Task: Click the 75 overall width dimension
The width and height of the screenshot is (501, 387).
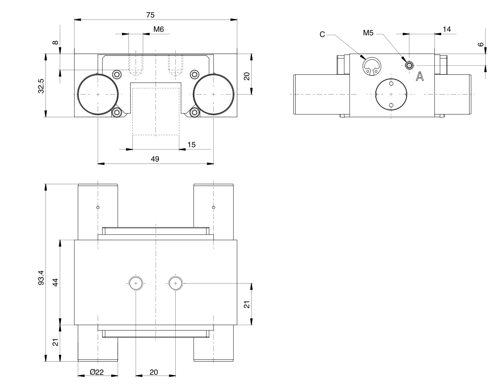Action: (150, 15)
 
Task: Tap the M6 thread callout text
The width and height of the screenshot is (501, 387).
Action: (159, 29)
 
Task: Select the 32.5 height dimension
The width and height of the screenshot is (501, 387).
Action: (41, 86)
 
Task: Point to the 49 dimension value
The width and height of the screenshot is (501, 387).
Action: (155, 159)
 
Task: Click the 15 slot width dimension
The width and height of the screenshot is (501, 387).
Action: (191, 144)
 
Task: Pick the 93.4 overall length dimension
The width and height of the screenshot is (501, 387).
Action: (41, 278)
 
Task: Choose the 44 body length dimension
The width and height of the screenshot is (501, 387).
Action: (55, 283)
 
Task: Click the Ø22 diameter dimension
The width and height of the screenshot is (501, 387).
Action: (97, 372)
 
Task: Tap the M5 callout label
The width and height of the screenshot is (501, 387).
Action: (368, 33)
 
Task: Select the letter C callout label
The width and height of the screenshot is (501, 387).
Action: (322, 35)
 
